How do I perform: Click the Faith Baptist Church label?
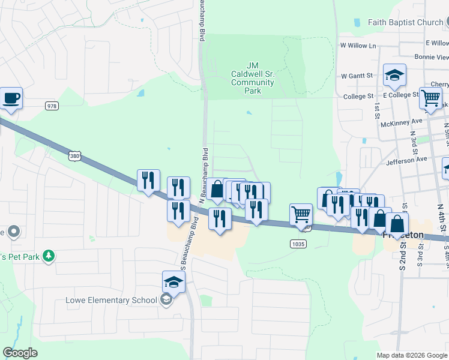[x=405, y=23]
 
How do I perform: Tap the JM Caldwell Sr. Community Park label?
[x=253, y=78]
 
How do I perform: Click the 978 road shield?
[x=52, y=106]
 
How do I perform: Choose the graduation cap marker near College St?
[x=394, y=76]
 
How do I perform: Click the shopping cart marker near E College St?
[x=430, y=97]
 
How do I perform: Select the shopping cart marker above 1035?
[x=301, y=214]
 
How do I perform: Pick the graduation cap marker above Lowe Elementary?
[x=173, y=281]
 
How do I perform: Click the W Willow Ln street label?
[x=358, y=46]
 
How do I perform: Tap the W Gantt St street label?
[x=357, y=76]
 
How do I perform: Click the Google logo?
[x=20, y=353]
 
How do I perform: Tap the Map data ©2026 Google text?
[x=412, y=355]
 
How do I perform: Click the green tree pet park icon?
[x=48, y=256]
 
